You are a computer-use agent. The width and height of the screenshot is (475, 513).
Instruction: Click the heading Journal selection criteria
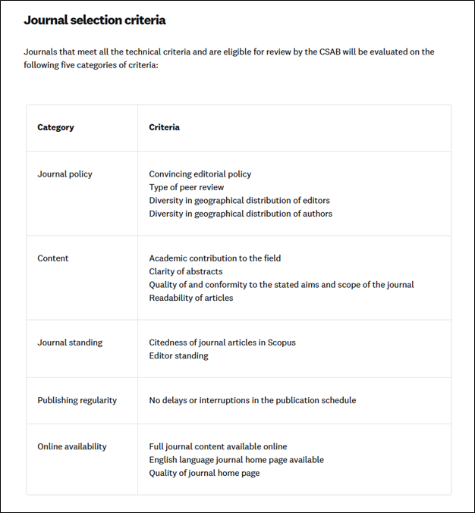[x=94, y=20]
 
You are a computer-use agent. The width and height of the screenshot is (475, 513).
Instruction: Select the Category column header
[x=55, y=127]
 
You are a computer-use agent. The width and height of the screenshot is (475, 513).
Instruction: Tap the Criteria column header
[x=164, y=127]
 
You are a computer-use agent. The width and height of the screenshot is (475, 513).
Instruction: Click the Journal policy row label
[x=64, y=174]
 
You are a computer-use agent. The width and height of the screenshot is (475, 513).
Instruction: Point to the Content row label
[x=52, y=258]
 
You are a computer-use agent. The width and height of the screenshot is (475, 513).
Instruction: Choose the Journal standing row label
[x=70, y=343]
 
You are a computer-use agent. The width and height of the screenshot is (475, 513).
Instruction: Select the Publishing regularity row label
[x=77, y=400]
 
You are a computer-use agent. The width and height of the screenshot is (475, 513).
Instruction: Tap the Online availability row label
[x=71, y=447]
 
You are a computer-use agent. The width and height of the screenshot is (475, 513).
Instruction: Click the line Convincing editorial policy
[x=200, y=174]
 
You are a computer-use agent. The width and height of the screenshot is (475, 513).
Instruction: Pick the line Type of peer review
[x=186, y=187]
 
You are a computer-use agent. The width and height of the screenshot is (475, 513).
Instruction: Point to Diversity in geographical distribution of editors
[x=239, y=201]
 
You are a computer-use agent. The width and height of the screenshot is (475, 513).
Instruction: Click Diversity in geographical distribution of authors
[x=240, y=214]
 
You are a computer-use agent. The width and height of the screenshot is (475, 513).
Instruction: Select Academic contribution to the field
[x=215, y=258]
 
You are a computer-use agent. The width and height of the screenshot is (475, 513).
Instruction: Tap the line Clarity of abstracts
[x=185, y=271]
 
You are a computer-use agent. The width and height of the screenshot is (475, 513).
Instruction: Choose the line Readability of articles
[x=190, y=298]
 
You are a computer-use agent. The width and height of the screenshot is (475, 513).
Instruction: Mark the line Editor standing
[x=178, y=355]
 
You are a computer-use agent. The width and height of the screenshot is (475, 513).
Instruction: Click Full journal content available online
[x=218, y=447]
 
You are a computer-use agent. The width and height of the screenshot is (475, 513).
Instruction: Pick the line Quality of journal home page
[x=204, y=473]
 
